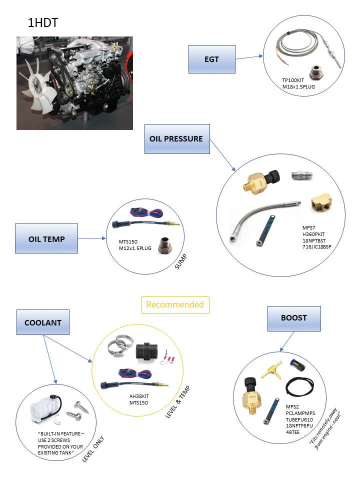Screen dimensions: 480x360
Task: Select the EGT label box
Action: pyautogui.click(x=211, y=59)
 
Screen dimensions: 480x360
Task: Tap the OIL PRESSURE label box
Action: pyautogui.click(x=176, y=138)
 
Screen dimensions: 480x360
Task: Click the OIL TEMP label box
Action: pyautogui.click(x=46, y=238)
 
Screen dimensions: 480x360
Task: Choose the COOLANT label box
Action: pyautogui.click(x=43, y=322)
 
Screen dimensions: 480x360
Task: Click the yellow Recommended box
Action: pyautogui.click(x=175, y=304)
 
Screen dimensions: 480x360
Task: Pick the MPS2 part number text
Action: pyautogui.click(x=292, y=406)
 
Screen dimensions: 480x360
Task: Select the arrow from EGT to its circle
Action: pyautogui.click(x=249, y=57)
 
